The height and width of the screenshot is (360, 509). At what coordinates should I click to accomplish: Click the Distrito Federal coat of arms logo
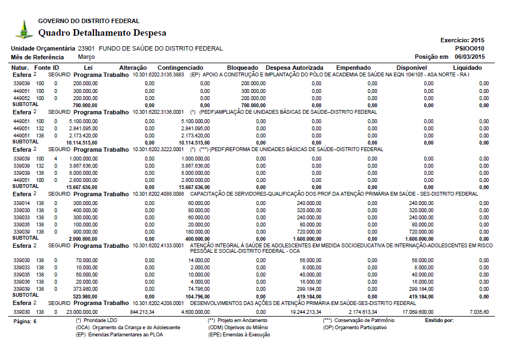coord(24,29)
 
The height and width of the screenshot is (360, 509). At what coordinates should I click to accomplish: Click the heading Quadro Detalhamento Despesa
coord(102,33)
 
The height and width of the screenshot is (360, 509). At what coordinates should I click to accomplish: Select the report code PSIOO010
coord(469,48)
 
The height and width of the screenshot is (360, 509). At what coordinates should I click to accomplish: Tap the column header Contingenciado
coord(180,68)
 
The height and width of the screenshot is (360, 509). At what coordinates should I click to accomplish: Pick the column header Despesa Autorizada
coord(295,68)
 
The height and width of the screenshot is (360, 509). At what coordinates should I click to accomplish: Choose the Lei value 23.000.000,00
coord(78,312)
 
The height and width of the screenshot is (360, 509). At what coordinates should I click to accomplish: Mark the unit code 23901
coord(86,48)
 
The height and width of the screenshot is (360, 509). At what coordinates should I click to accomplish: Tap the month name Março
coord(86,57)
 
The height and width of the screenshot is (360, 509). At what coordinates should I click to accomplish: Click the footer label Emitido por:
coord(440,320)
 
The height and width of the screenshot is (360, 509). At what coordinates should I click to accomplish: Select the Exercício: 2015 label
coord(462,40)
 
